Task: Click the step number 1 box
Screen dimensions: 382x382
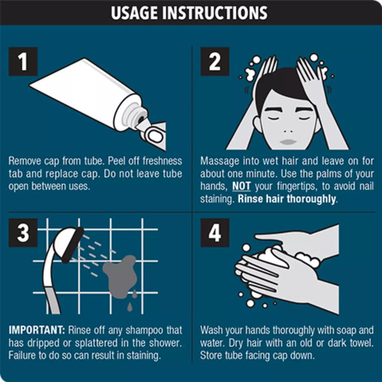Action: [x=23, y=62]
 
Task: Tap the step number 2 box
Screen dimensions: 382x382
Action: [x=215, y=62]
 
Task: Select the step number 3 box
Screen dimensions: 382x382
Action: [x=23, y=232]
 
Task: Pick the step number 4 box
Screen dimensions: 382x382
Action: [x=215, y=232]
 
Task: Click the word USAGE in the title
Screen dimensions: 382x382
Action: [x=134, y=13]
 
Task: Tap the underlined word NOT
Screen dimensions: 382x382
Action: [x=241, y=186]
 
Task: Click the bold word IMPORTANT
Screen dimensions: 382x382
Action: [x=37, y=330]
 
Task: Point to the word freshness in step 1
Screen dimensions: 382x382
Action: [x=162, y=161]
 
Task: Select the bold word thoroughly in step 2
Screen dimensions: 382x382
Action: [x=311, y=199]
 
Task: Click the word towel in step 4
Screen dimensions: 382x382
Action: [x=361, y=343]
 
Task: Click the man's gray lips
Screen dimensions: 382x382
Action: [x=288, y=141]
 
